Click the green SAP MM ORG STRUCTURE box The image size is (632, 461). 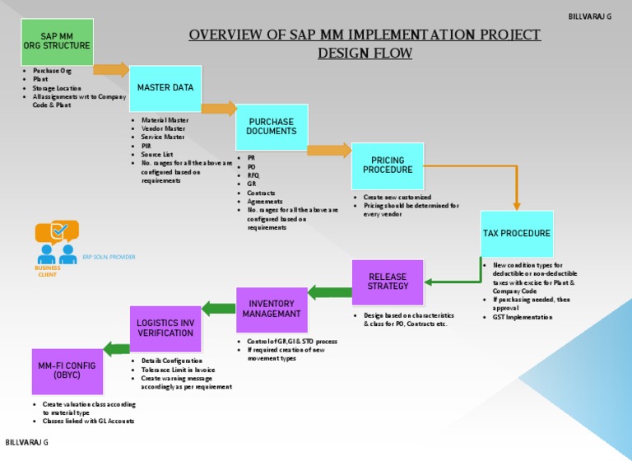click(57, 42)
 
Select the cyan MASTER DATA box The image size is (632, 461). click(165, 88)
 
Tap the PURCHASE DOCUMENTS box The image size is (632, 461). click(272, 127)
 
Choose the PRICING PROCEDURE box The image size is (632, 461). click(388, 165)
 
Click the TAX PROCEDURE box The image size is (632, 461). click(517, 234)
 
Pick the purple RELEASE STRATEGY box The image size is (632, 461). click(388, 282)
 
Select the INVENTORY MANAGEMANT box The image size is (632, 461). click(272, 310)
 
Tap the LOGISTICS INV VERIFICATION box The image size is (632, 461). click(165, 328)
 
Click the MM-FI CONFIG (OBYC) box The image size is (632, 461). click(67, 371)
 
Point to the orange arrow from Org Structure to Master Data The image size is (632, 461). click(111, 70)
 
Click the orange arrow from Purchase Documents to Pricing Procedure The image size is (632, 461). click(328, 150)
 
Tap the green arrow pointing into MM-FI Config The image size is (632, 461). click(116, 348)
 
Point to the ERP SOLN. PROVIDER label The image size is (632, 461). click(109, 257)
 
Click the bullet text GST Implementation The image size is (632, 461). click(523, 317)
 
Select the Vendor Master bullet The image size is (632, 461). click(163, 128)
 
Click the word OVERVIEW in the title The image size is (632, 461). click(227, 35)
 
